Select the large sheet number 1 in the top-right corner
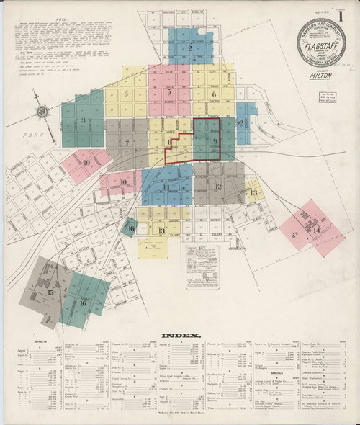(x=350, y=12)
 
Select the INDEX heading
(x=176, y=336)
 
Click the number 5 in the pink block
(x=168, y=92)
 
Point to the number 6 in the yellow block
(x=214, y=94)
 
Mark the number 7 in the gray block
(x=127, y=142)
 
